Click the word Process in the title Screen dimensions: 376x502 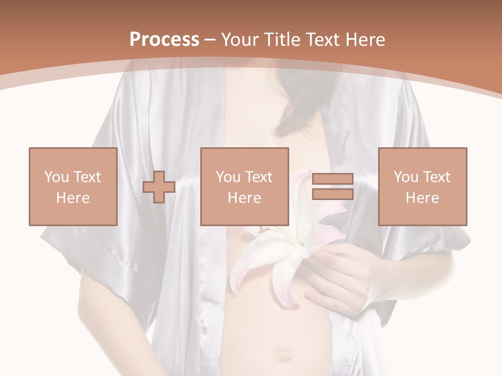[164, 40]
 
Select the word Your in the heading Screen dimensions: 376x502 [241, 40]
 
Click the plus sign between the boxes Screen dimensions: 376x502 [159, 187]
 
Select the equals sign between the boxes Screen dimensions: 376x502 [333, 187]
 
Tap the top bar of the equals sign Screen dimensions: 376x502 [333, 179]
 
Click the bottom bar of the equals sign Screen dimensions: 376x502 [333, 194]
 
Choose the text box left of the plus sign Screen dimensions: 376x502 [73, 186]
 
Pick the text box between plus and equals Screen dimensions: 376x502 [244, 186]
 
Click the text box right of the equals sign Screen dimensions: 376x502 [422, 186]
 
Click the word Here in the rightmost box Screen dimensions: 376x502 [422, 198]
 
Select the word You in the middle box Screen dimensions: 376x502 [227, 177]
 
